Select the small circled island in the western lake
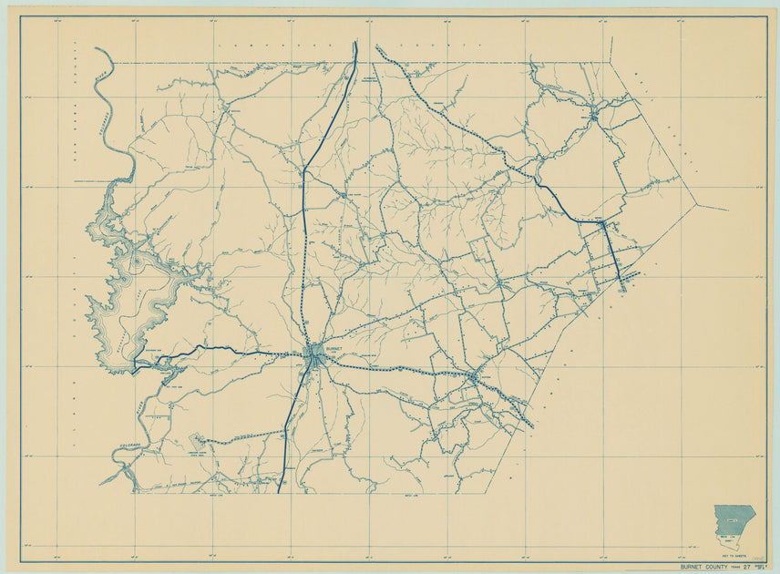click(136, 263)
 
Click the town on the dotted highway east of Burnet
click(473, 374)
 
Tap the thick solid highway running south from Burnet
click(293, 419)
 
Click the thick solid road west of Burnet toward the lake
click(228, 348)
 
